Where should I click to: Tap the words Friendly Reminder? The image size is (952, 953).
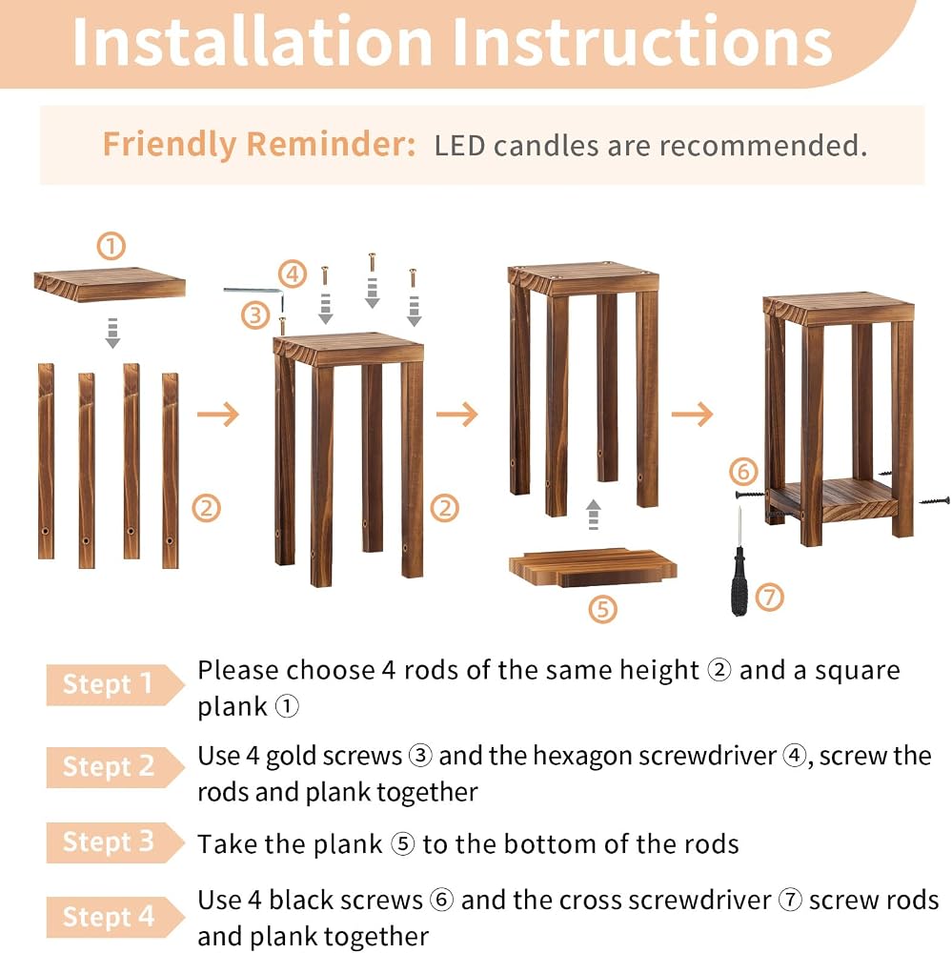[259, 145]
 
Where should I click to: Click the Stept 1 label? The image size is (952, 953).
[108, 684]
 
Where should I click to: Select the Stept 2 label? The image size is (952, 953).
[109, 766]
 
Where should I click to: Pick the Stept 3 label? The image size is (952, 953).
[109, 841]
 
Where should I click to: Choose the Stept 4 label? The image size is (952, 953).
[109, 917]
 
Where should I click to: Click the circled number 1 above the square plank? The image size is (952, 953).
[111, 246]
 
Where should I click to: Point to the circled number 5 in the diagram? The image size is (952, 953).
[602, 608]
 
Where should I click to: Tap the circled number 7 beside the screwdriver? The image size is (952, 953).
[770, 597]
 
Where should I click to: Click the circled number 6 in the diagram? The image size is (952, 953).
[743, 472]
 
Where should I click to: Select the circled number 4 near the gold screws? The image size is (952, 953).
[293, 274]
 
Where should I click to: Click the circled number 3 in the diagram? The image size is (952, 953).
[255, 315]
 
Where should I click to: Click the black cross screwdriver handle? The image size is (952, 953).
[739, 581]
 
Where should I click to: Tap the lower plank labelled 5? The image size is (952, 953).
[593, 567]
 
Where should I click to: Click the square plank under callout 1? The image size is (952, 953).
[110, 284]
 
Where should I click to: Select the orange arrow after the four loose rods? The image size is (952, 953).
[218, 415]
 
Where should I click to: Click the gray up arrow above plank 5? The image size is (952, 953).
[594, 515]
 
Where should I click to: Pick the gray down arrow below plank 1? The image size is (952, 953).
[112, 333]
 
